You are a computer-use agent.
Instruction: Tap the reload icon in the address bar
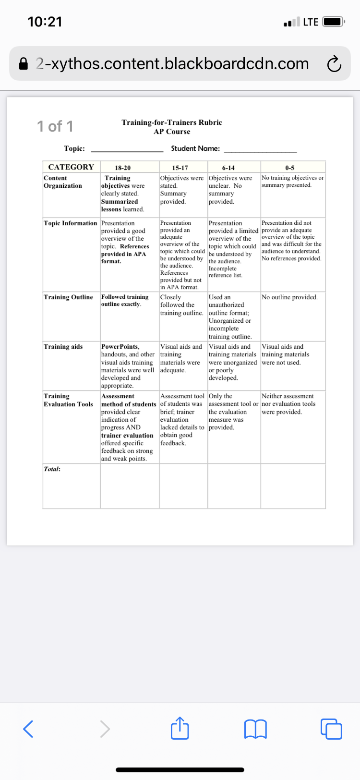[334, 64]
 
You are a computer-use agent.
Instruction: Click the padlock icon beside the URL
[24, 64]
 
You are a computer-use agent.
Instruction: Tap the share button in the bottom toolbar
[180, 728]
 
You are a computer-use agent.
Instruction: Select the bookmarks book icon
[255, 729]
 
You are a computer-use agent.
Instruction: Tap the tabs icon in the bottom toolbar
[331, 729]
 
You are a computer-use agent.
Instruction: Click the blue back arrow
[28, 729]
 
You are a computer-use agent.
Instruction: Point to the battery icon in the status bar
[333, 22]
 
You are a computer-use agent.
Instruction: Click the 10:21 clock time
[45, 22]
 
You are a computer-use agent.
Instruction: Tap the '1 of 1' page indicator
[55, 126]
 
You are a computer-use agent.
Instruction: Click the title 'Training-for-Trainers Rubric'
[172, 122]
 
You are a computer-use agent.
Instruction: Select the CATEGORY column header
[71, 167]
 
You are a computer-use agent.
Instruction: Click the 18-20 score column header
[123, 168]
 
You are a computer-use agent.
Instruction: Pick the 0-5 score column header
[289, 168]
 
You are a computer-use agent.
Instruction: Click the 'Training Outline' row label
[68, 297]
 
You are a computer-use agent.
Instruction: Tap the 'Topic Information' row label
[70, 223]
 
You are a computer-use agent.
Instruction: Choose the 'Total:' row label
[52, 469]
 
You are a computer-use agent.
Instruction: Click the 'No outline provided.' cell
[289, 297]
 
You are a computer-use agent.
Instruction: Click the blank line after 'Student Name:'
[260, 149]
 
